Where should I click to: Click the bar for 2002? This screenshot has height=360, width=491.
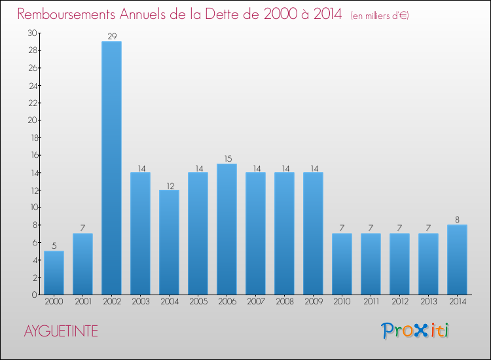click(x=111, y=168)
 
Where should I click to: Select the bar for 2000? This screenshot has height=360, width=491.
click(x=54, y=273)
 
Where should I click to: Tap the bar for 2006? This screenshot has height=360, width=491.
click(x=227, y=229)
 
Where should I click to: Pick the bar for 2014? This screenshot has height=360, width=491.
click(x=457, y=260)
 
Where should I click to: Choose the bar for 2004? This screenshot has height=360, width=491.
click(x=169, y=242)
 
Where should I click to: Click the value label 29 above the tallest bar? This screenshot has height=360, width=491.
click(x=111, y=37)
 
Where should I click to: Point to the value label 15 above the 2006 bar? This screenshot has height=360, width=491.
click(x=227, y=158)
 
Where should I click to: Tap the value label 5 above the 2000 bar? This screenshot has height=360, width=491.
click(x=54, y=246)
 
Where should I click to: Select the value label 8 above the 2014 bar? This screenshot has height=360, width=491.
click(x=457, y=220)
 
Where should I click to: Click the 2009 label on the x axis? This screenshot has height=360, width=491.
click(x=313, y=302)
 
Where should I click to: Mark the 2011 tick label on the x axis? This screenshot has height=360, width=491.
click(x=371, y=302)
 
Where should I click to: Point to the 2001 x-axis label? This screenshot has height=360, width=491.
click(x=82, y=302)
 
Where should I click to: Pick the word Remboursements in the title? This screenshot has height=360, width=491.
click(x=67, y=14)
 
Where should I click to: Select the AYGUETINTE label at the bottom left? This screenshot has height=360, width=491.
click(x=61, y=331)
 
